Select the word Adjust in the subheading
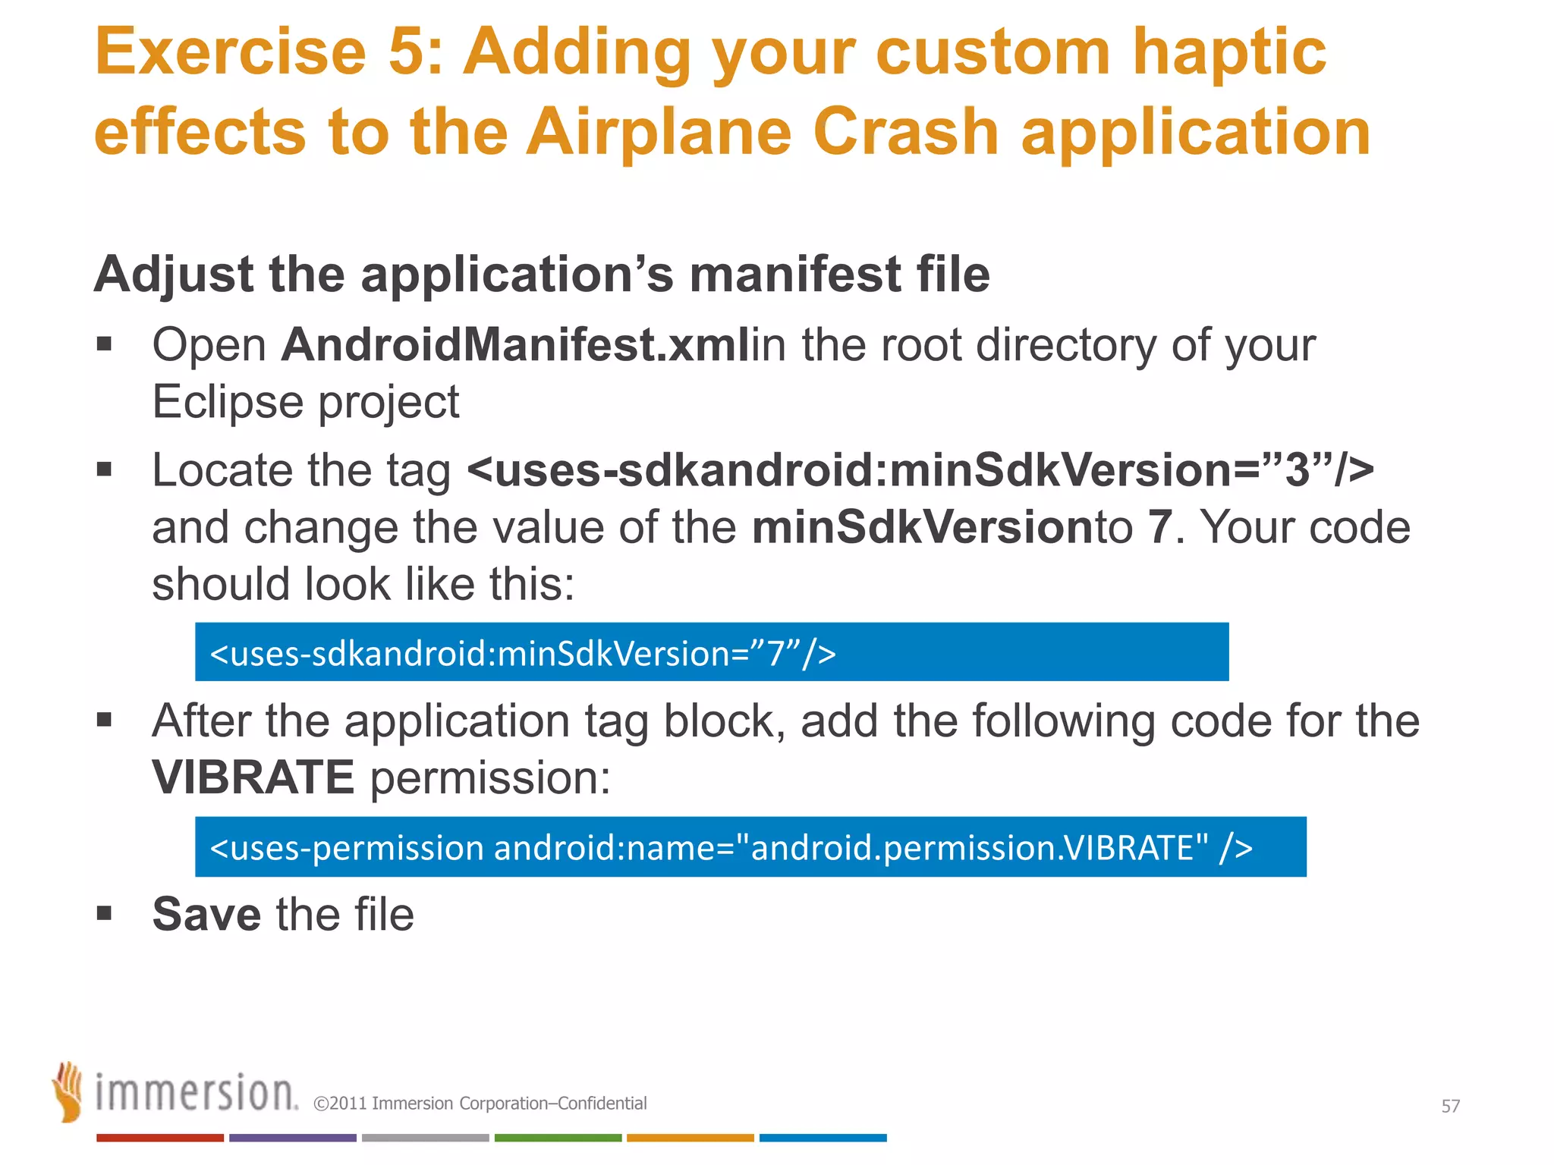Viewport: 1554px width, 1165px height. coord(173,275)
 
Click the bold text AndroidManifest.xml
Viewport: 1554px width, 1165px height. coord(514,346)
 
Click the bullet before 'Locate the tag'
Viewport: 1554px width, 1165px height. coord(105,470)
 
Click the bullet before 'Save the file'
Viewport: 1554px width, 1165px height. coord(105,913)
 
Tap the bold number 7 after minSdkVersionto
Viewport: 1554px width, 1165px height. coord(1159,528)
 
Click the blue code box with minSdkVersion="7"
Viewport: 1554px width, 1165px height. coord(711,652)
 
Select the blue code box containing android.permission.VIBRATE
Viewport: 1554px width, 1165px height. coord(750,847)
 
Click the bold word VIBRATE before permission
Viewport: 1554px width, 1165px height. coord(253,778)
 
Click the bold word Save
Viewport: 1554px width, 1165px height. coord(206,915)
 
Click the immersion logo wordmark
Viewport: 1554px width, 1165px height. coord(196,1094)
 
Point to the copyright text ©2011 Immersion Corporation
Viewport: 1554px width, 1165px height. coord(480,1104)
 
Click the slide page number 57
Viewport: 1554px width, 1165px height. coord(1450,1107)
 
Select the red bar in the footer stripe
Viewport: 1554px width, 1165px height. coord(159,1138)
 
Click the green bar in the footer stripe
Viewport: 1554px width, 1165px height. coord(558,1138)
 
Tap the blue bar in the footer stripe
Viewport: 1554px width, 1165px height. coord(823,1138)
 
